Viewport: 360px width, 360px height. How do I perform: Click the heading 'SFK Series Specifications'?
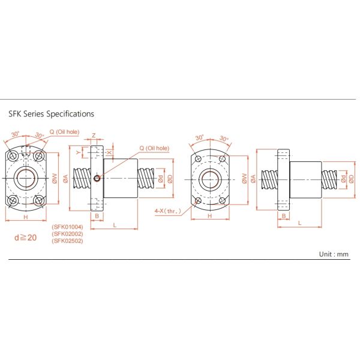(51, 113)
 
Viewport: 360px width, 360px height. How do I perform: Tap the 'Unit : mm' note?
(333, 254)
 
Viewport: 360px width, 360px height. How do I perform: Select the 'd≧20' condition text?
(25, 238)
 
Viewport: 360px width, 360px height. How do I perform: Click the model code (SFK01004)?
(67, 227)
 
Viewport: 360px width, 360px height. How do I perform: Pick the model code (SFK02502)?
(67, 241)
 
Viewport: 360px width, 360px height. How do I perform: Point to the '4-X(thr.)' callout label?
(167, 210)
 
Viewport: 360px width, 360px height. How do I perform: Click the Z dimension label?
(94, 136)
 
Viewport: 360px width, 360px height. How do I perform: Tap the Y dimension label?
(79, 152)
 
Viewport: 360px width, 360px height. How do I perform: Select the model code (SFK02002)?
(67, 234)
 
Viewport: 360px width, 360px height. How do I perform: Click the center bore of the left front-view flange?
(25, 178)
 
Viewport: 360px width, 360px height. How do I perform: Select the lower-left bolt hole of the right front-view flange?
(197, 200)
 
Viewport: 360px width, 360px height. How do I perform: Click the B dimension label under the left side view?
(97, 215)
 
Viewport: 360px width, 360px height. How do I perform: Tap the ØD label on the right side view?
(352, 178)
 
